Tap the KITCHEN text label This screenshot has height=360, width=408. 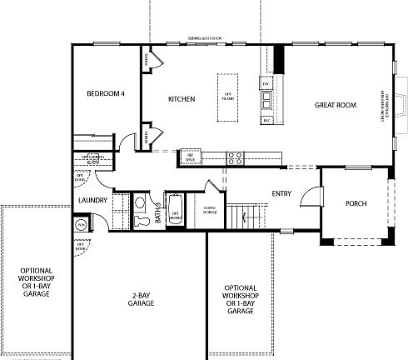(x=182, y=99)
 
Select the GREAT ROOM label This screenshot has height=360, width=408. (x=336, y=105)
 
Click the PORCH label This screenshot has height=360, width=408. (x=356, y=203)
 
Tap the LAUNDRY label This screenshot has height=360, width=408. (x=90, y=200)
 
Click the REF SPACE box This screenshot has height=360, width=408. (x=190, y=156)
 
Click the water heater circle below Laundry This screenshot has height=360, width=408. (x=82, y=225)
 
